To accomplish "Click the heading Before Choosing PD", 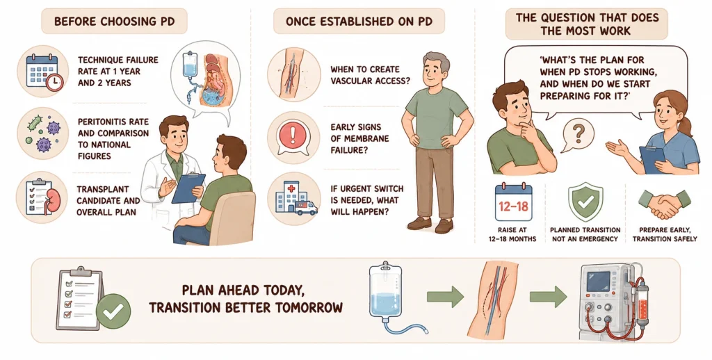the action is pyautogui.click(x=114, y=22).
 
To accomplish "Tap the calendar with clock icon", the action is pyautogui.click(x=44, y=72).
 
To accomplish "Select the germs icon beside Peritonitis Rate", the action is pyautogui.click(x=42, y=133).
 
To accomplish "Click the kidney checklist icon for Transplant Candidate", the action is pyautogui.click(x=42, y=197).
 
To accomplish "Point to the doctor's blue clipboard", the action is pyautogui.click(x=188, y=188).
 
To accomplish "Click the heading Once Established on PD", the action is pyautogui.click(x=359, y=22).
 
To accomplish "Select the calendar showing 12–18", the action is pyautogui.click(x=513, y=202).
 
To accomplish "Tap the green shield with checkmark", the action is pyautogui.click(x=585, y=202).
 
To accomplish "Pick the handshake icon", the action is pyautogui.click(x=664, y=204).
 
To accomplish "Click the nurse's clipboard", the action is pyautogui.click(x=652, y=159).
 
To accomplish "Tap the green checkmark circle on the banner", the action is pyautogui.click(x=113, y=311).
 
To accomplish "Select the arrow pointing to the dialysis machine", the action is pyautogui.click(x=548, y=297).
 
